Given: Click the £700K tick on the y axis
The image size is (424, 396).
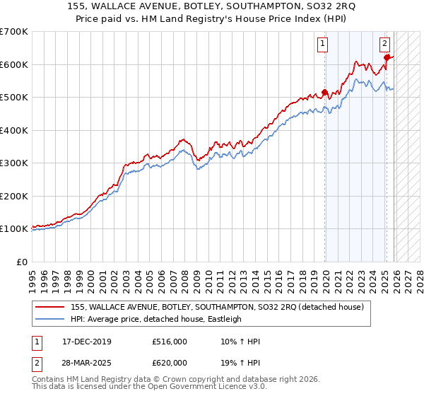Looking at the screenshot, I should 14,32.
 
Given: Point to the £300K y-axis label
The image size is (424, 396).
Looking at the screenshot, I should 14,163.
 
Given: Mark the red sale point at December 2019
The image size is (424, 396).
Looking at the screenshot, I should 325,92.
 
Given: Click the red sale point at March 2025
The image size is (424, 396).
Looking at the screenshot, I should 387,58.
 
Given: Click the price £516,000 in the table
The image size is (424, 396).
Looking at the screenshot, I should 169,342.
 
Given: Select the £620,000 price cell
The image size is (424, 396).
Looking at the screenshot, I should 169,362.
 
